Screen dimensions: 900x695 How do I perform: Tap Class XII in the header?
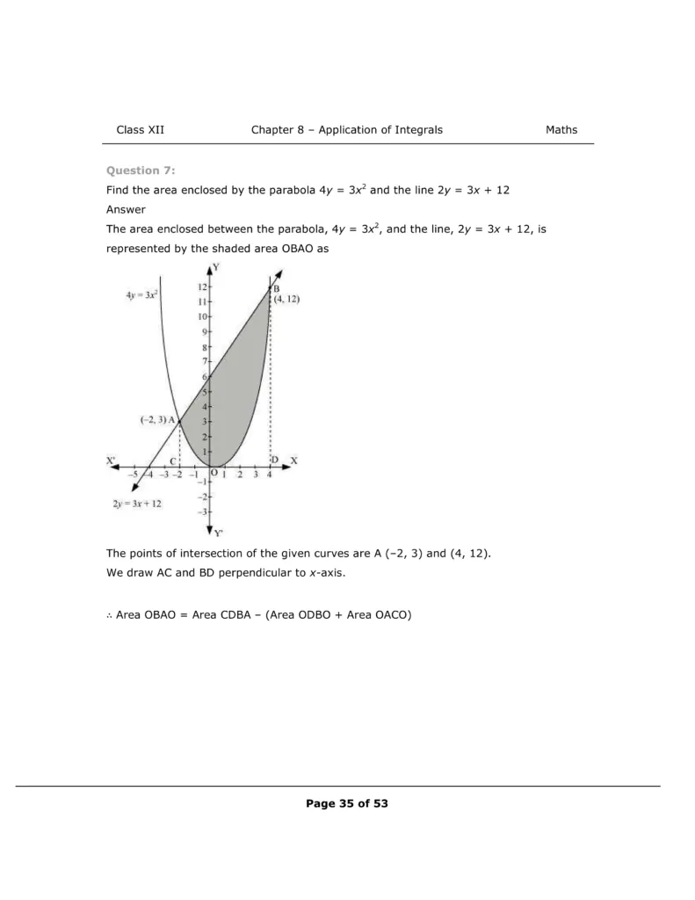point(141,130)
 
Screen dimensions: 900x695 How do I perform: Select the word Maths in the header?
point(561,130)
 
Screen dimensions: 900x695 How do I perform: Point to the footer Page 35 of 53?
point(347,803)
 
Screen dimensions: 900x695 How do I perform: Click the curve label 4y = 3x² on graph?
point(141,295)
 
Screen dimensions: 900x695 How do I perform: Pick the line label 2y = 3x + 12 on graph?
point(137,504)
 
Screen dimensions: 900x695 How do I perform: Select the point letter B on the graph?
point(276,288)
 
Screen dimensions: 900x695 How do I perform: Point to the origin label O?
point(214,473)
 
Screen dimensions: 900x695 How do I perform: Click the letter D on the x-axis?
point(274,461)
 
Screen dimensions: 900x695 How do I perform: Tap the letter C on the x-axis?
point(173,461)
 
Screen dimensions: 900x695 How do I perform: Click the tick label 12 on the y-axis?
point(201,287)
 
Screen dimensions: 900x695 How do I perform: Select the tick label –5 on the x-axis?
point(131,475)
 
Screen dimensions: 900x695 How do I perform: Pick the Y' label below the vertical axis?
point(219,533)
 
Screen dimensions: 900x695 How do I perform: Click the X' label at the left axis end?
point(112,461)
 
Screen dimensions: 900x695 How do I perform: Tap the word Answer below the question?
point(125,209)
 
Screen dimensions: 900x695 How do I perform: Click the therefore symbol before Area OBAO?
point(109,615)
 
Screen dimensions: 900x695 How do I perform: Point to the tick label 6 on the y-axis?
point(204,376)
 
